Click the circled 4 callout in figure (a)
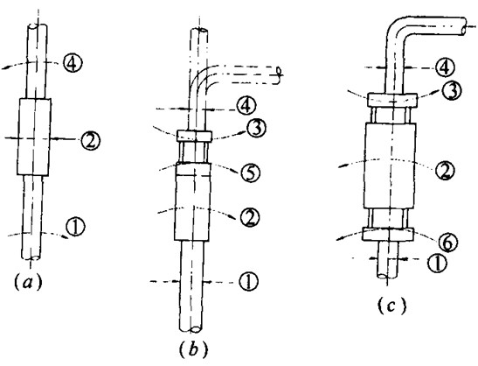73,64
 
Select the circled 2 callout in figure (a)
91,139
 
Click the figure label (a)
28,282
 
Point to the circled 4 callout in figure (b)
247,106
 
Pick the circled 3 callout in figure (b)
257,129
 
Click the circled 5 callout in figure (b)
250,172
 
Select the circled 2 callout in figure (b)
250,217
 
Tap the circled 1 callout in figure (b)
249,281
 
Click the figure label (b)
193,348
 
